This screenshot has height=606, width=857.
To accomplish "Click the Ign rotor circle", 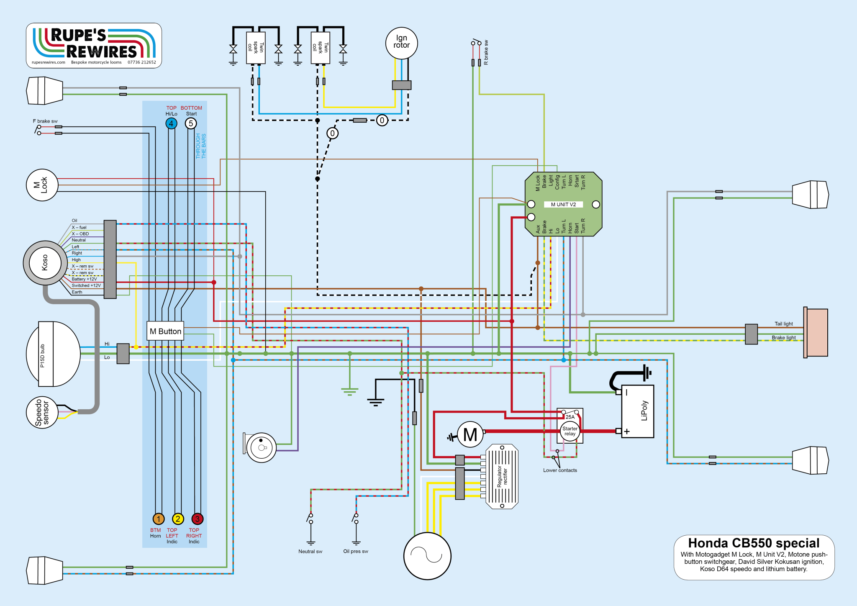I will point(401,43).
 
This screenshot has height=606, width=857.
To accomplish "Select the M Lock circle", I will point(42,185).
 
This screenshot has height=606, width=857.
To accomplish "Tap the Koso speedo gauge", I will point(45,263).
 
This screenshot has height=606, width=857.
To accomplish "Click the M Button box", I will point(165,331).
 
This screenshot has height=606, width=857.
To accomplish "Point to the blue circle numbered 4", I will point(171,123).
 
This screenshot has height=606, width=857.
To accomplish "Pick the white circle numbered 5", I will point(191,123).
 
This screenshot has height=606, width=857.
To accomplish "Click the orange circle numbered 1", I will point(158,519).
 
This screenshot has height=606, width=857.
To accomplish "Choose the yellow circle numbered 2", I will point(178,519).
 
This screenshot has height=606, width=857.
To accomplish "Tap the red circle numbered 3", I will point(197,519).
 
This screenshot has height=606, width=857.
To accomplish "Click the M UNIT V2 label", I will point(563,204).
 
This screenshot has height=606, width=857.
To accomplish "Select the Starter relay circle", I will point(570,431).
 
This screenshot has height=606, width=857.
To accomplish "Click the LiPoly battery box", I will point(637,411).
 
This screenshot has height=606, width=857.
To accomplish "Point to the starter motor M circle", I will point(470,435).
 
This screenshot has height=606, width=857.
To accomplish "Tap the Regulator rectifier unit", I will point(502,476).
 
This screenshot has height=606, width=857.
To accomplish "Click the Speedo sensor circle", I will point(41,412).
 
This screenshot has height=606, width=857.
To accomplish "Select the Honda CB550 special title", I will point(754,543).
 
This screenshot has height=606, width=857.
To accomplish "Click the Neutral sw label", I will point(310,552).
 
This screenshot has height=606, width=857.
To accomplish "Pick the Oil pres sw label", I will point(356,552).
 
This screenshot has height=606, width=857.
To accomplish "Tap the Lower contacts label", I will point(560,470).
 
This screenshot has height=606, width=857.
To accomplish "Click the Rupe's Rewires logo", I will point(94,45).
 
